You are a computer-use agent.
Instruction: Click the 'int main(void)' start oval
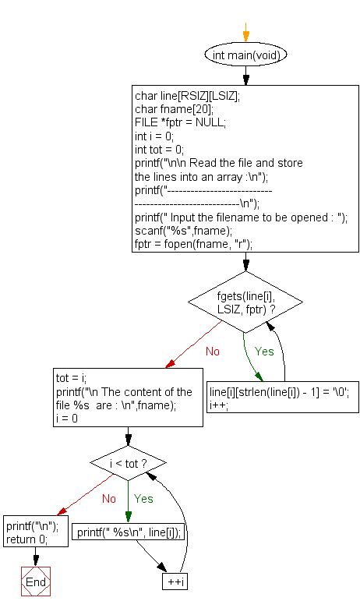tap(246, 55)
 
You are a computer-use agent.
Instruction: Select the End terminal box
tap(36, 582)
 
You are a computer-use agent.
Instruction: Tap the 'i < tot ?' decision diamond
tap(129, 464)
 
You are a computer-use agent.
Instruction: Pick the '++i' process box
tap(174, 582)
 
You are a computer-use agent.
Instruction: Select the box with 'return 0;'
tap(26, 539)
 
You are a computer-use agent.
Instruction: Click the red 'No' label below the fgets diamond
tap(213, 352)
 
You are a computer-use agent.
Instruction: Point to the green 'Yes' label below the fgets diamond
tap(265, 352)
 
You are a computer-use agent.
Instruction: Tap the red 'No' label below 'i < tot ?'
tap(108, 498)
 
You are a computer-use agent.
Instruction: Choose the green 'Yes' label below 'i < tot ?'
tap(143, 498)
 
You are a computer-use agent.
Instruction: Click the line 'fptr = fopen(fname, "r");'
tap(193, 244)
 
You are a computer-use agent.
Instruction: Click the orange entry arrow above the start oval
tap(246, 35)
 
